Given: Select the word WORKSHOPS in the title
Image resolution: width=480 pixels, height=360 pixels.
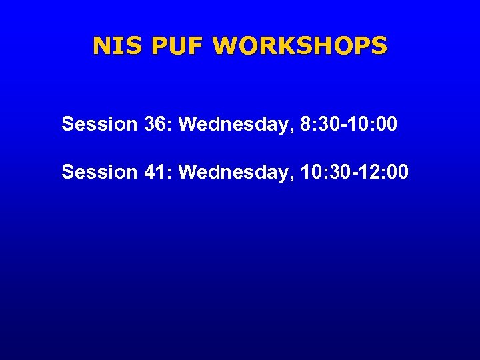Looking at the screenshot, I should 300,46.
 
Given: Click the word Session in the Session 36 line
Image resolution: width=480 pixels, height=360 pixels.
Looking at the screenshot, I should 99,124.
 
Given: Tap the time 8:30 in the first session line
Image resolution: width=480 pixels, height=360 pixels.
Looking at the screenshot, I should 316,124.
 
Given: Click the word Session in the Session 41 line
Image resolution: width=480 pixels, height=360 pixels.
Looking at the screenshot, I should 99,172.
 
